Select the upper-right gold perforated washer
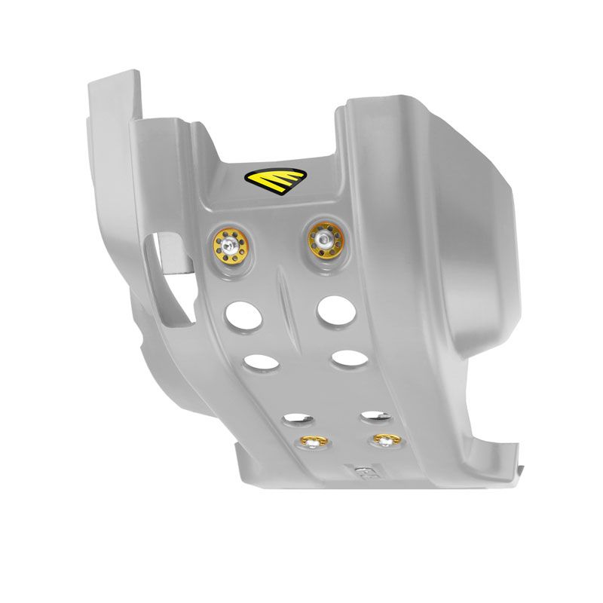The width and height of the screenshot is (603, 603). (x=324, y=240)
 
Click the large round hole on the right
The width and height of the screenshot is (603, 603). (x=332, y=308)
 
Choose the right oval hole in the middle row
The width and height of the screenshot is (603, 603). (x=347, y=355)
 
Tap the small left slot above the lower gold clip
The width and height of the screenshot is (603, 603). (x=293, y=417)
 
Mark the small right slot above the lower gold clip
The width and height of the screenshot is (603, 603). (x=373, y=413)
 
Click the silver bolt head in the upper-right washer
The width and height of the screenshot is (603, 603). (x=323, y=240)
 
